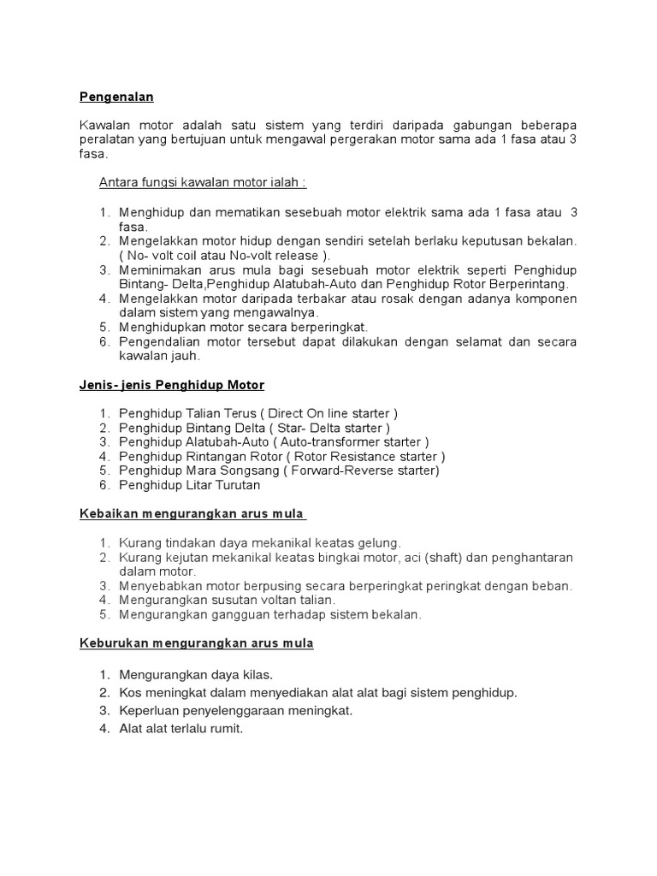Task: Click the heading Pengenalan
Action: [x=116, y=97]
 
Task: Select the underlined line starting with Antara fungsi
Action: [x=203, y=182]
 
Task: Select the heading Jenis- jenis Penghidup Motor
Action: [x=172, y=385]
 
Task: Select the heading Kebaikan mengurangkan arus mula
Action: [x=192, y=514]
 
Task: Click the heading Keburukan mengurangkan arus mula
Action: [x=197, y=643]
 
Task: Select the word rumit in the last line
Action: [x=225, y=729]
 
